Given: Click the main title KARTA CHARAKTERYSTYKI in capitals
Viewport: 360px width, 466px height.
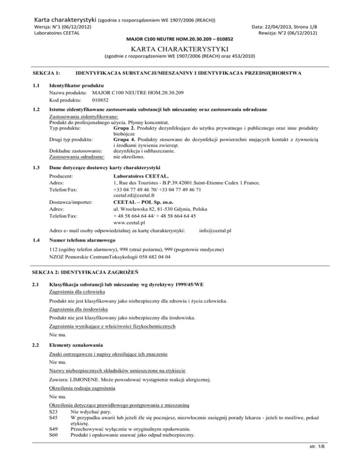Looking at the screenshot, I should tap(180, 50).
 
